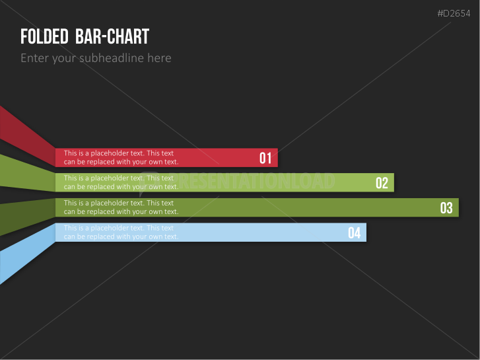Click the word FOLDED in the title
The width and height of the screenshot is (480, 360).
pyautogui.click(x=44, y=36)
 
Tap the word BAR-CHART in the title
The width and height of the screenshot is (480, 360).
pyautogui.click(x=112, y=36)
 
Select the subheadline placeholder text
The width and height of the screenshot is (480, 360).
pyautogui.click(x=96, y=58)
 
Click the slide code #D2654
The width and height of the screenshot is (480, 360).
pyautogui.click(x=454, y=13)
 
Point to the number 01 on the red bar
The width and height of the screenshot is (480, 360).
pyautogui.click(x=265, y=158)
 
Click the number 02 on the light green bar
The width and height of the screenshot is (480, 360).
pyautogui.click(x=382, y=183)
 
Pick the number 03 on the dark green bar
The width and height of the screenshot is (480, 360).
pyautogui.click(x=446, y=207)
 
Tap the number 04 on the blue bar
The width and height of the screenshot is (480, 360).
pyautogui.click(x=354, y=233)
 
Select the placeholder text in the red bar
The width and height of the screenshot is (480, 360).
pyautogui.click(x=121, y=157)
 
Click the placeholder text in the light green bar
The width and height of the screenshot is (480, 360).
pyautogui.click(x=121, y=182)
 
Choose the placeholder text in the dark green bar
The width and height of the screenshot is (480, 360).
pyautogui.click(x=121, y=207)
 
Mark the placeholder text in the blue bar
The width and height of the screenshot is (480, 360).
pyautogui.click(x=121, y=233)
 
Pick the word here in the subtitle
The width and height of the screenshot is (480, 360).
pyautogui.click(x=160, y=58)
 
